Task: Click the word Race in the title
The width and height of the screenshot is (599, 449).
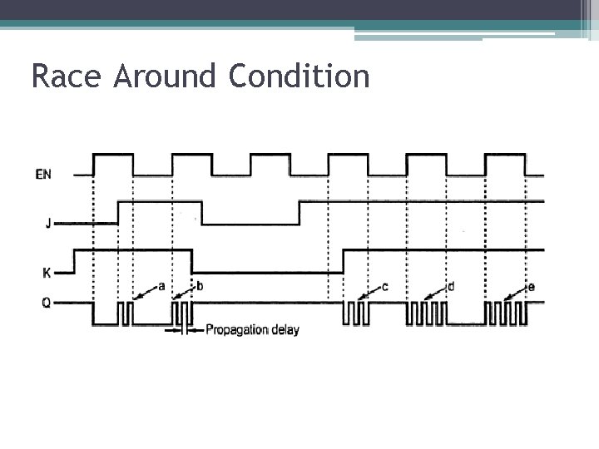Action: (x=67, y=77)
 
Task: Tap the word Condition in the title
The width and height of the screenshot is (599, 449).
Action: (x=298, y=77)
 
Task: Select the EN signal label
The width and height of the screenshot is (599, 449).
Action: (x=44, y=175)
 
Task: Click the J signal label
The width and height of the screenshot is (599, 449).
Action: (x=48, y=223)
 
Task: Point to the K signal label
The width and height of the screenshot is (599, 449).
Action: (x=47, y=272)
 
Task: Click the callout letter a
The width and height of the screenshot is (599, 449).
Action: (x=161, y=286)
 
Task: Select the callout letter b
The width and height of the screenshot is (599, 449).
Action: (x=200, y=286)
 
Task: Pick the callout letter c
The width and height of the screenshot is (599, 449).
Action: (x=384, y=287)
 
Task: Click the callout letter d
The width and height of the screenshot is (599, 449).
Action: (x=451, y=287)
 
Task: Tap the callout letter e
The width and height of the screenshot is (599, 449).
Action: (x=532, y=287)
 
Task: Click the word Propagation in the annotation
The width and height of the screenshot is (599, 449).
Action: (x=242, y=330)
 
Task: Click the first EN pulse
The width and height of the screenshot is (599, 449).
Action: (x=113, y=155)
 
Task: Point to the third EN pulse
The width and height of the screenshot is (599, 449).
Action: (x=270, y=155)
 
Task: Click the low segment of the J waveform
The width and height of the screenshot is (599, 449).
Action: (x=250, y=224)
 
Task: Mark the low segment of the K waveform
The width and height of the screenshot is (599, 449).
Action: (x=266, y=272)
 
